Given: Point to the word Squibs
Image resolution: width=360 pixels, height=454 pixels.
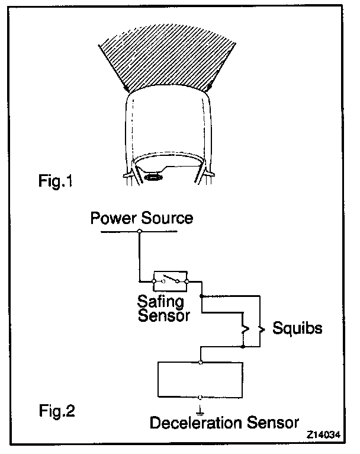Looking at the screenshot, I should tap(297, 328).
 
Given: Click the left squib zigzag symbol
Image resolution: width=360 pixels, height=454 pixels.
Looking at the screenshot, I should tap(243, 328).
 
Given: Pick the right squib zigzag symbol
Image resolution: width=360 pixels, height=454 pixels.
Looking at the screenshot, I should tap(259, 328).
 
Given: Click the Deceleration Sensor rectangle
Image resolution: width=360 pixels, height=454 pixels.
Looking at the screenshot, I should tap(201, 379).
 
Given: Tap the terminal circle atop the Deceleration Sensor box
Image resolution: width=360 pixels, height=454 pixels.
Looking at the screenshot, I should tap(201, 362).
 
